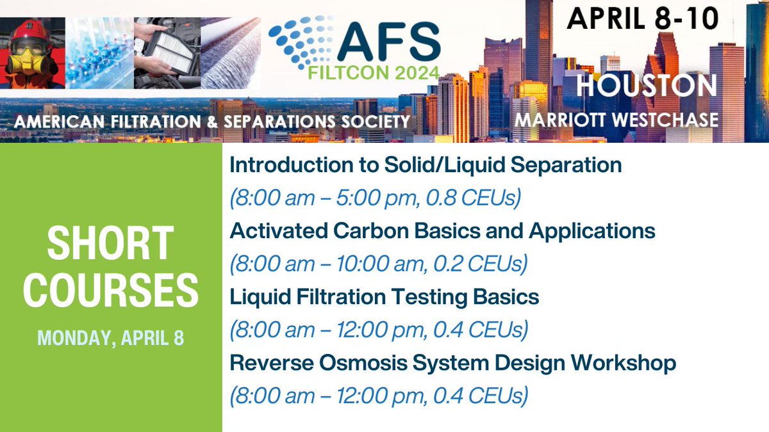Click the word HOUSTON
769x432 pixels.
tap(645, 86)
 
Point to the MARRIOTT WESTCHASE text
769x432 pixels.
tap(616, 118)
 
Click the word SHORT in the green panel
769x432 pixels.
tap(111, 244)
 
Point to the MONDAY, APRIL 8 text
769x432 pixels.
tap(111, 337)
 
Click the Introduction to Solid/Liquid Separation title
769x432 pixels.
tap(426, 165)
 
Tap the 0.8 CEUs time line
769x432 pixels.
tap(374, 198)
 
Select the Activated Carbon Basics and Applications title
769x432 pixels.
tap(442, 230)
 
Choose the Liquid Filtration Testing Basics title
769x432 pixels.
tap(384, 297)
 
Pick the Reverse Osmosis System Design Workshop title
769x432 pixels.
tap(452, 364)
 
